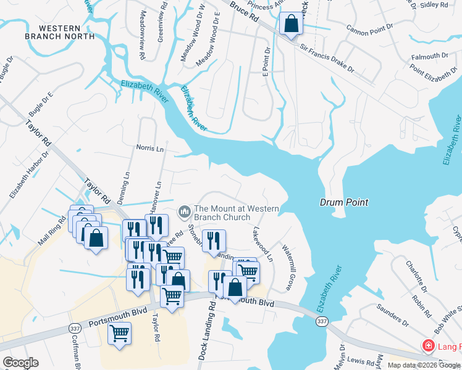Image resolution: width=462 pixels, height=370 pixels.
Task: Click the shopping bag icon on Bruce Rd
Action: [x=290, y=24]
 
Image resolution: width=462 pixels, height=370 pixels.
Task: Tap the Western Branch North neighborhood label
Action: [x=60, y=33]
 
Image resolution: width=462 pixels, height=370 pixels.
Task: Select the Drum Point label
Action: [x=344, y=202]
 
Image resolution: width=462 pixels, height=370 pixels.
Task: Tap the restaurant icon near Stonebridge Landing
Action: [x=214, y=240]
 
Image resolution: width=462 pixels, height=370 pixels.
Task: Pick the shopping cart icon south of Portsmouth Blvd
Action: [x=119, y=334]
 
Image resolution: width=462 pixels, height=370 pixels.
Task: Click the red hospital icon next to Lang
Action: [x=427, y=347]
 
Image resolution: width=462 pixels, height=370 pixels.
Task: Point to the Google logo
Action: [x=20, y=363]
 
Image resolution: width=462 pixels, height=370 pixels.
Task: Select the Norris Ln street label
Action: [x=150, y=149]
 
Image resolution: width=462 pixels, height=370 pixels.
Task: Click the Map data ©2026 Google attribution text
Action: [x=424, y=365]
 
